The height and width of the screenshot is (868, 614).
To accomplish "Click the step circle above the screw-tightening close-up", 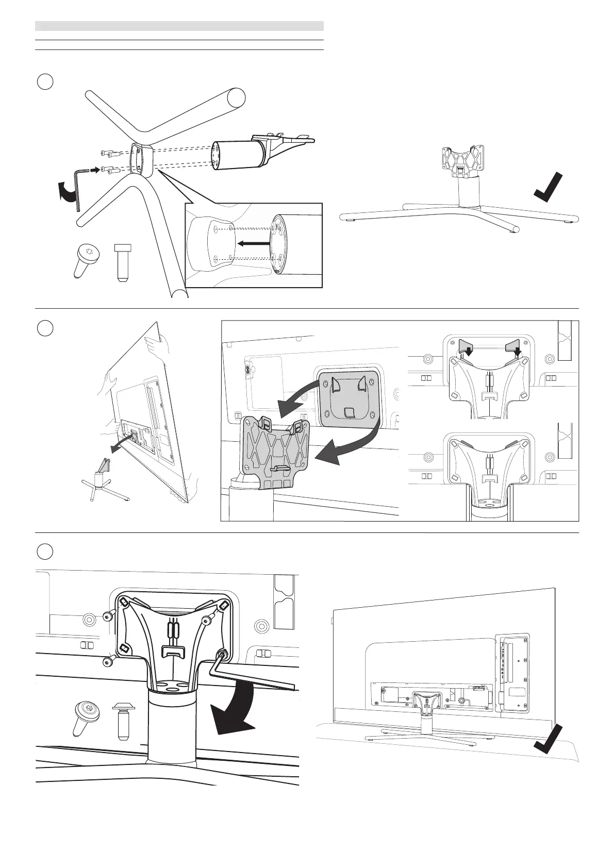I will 46,551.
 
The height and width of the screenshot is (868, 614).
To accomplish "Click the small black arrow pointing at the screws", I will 94,169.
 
